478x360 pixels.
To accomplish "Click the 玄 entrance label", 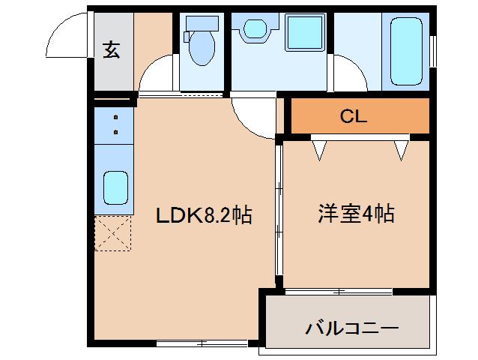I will pyautogui.click(x=112, y=50).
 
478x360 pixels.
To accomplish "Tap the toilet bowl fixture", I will pyautogui.click(x=200, y=44).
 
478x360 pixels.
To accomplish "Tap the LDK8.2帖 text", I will pyautogui.click(x=203, y=216).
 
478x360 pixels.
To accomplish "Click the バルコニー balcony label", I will pyautogui.click(x=351, y=328).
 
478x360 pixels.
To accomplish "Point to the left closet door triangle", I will pyautogui.click(x=320, y=150).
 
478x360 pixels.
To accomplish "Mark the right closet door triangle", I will pyautogui.click(x=402, y=150).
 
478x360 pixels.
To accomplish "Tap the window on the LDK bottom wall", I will pyautogui.click(x=202, y=343).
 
